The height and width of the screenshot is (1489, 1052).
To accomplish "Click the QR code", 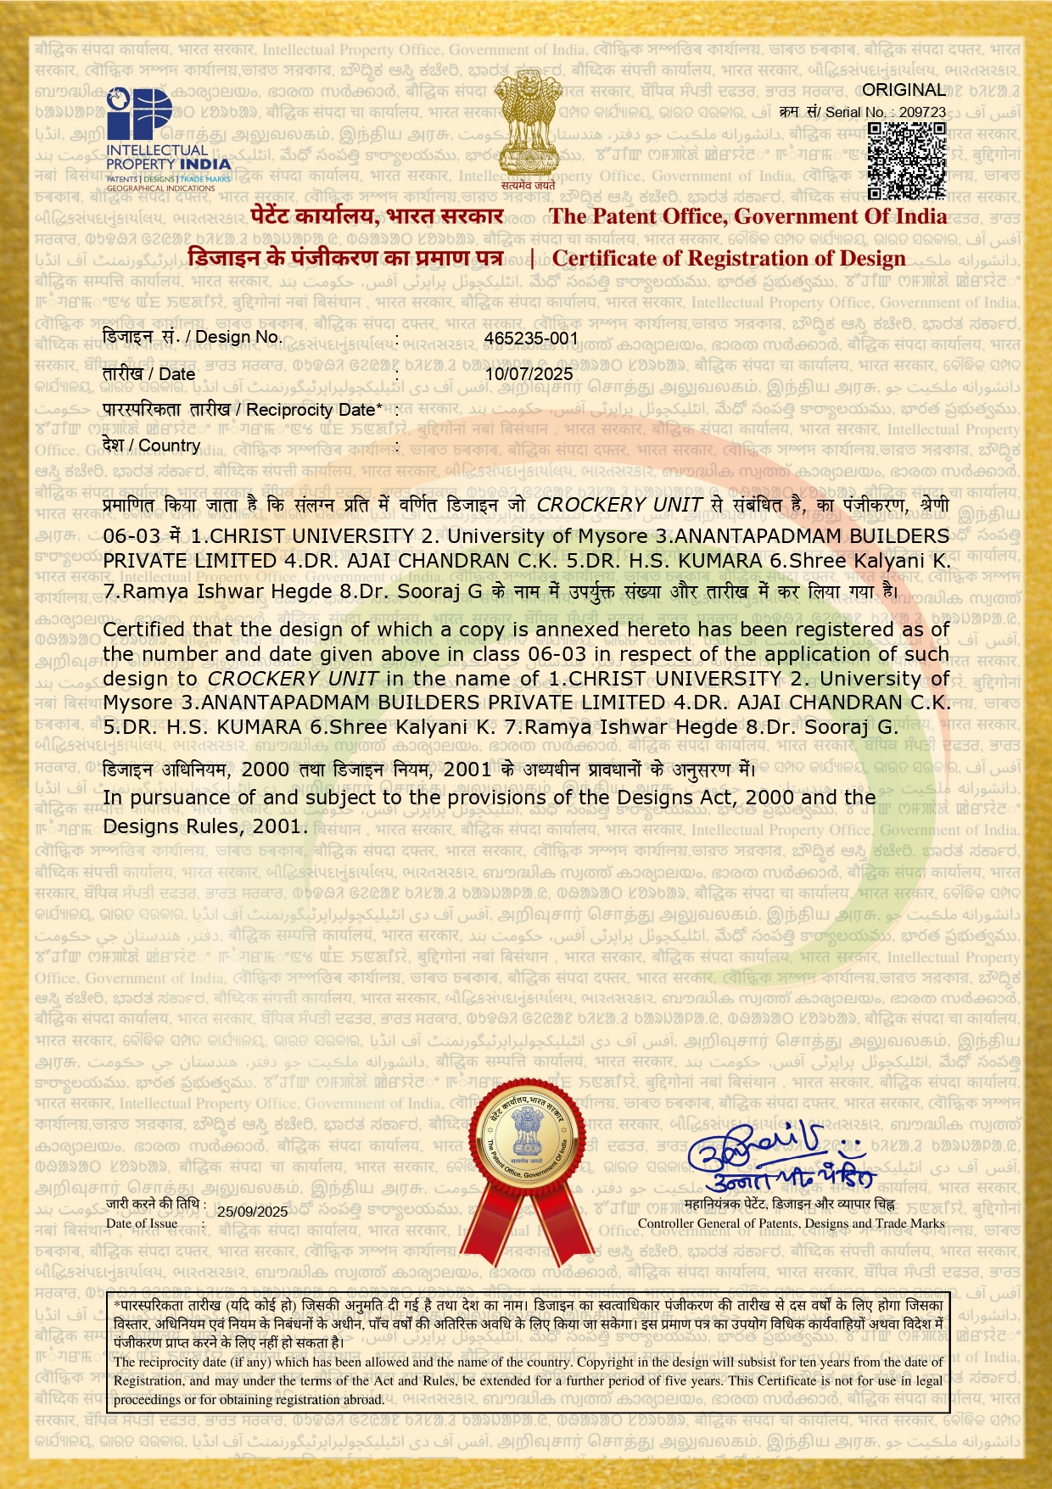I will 907,160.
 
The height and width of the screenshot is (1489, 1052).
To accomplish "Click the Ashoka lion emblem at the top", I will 527,127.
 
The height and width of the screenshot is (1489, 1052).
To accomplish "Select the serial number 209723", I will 922,112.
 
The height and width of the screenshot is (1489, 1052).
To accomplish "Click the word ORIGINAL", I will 904,90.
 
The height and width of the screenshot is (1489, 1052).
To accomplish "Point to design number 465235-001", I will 531,338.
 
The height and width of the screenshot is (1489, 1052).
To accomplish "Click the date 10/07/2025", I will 529,374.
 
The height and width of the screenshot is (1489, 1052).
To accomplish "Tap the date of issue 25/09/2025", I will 252,1212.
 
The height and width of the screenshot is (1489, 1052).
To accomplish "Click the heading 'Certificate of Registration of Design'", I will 729,258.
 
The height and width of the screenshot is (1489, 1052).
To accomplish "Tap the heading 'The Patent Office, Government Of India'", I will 747,216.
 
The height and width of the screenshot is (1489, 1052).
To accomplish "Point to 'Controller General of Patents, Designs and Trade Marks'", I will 791,1223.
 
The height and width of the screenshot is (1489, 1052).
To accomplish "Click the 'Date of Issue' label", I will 142,1223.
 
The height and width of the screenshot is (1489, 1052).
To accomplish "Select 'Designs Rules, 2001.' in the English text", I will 205,826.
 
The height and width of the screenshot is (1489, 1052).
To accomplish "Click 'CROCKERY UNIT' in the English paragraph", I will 293,679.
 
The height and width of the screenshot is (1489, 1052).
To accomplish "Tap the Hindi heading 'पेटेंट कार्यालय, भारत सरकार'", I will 377,216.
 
